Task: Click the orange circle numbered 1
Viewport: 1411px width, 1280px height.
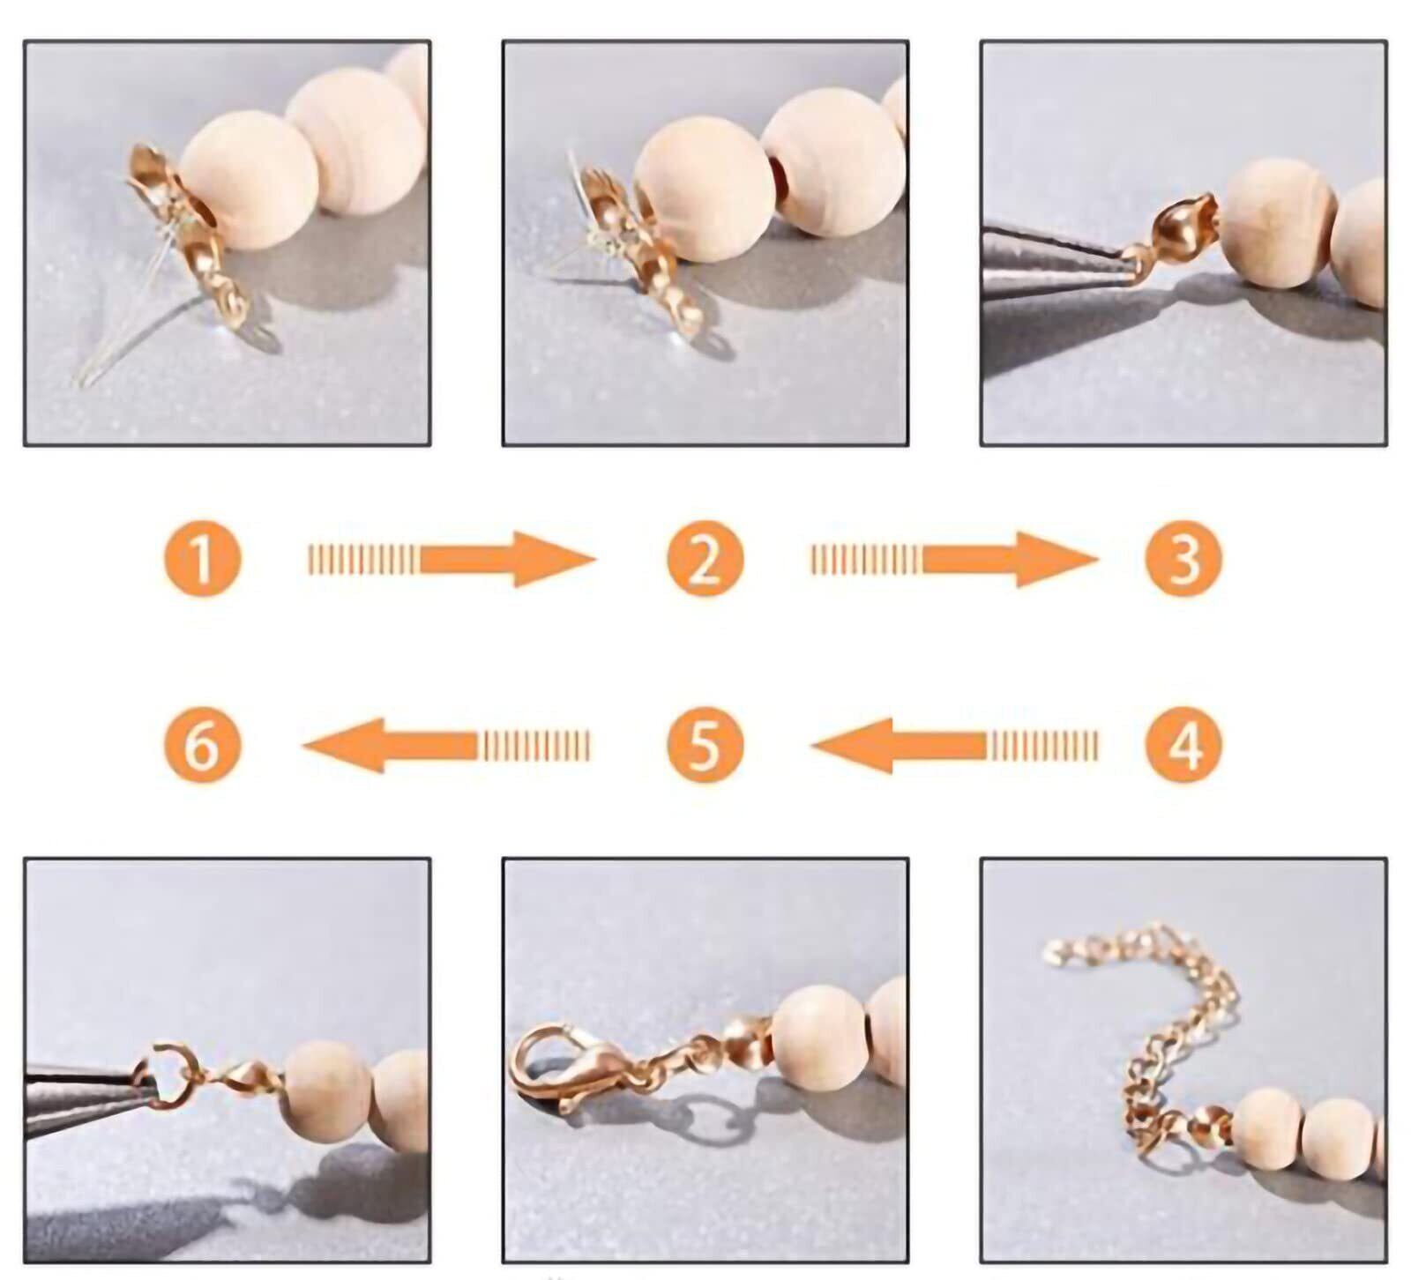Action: [x=202, y=559]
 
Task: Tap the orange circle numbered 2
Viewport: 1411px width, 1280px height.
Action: [x=705, y=559]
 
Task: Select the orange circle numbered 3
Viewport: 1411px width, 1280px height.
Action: [x=1183, y=559]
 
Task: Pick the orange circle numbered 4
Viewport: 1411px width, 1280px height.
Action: [x=1183, y=745]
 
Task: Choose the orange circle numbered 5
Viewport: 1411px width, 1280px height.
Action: [x=705, y=745]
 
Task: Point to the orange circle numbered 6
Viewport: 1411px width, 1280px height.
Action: [x=202, y=745]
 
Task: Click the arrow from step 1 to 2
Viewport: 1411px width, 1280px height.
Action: [x=452, y=559]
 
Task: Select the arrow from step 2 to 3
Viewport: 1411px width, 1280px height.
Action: [x=955, y=559]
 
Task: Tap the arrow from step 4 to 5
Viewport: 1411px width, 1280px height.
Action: [x=955, y=746]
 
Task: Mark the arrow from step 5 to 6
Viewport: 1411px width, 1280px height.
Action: [x=445, y=746]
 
